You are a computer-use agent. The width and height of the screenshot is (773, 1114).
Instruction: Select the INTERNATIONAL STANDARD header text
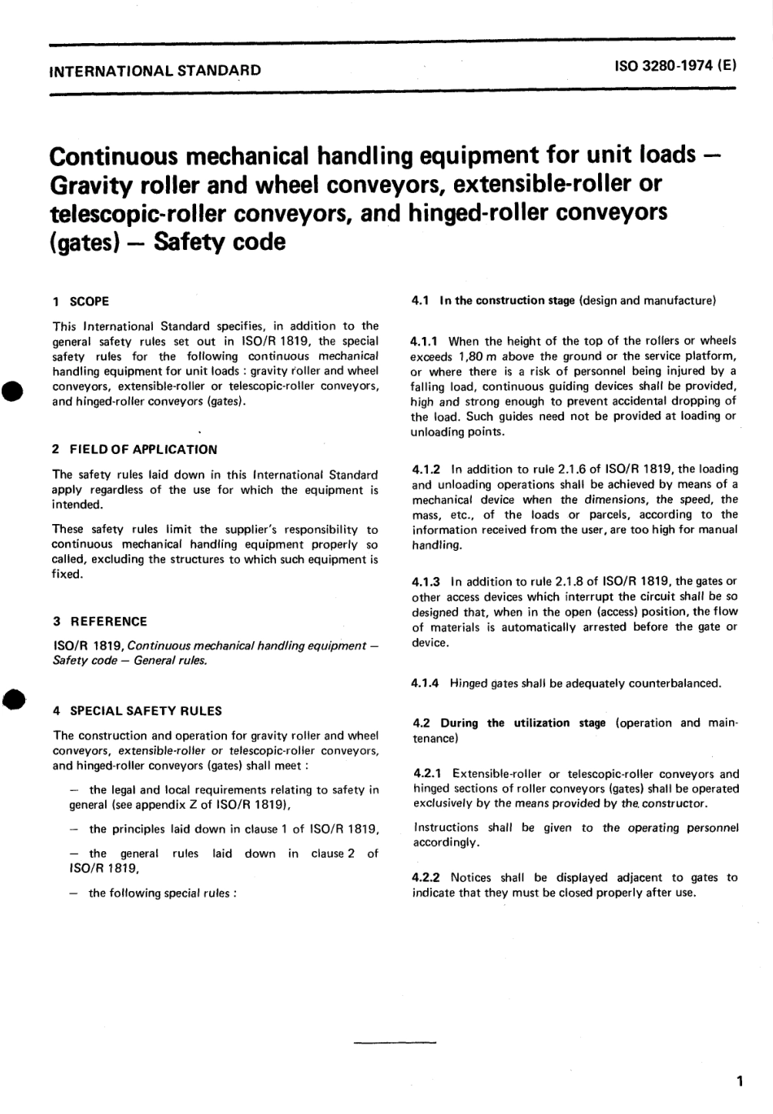pyautogui.click(x=155, y=70)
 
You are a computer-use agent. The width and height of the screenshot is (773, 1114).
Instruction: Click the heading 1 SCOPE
pyautogui.click(x=80, y=301)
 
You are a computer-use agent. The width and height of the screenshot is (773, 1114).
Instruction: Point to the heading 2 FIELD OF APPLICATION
pyautogui.click(x=134, y=449)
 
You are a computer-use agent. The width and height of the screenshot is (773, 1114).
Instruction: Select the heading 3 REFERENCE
pyautogui.click(x=99, y=621)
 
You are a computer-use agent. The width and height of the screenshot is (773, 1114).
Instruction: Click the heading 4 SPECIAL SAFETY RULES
pyautogui.click(x=137, y=710)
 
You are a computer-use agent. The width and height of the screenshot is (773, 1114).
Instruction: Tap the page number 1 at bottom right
pyautogui.click(x=738, y=1081)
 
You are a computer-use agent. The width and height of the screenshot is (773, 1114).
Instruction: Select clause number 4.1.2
pyautogui.click(x=427, y=469)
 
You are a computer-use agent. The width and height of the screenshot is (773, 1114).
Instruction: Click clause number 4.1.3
pyautogui.click(x=427, y=581)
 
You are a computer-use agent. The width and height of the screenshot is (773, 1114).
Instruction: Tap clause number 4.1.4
pyautogui.click(x=427, y=683)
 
